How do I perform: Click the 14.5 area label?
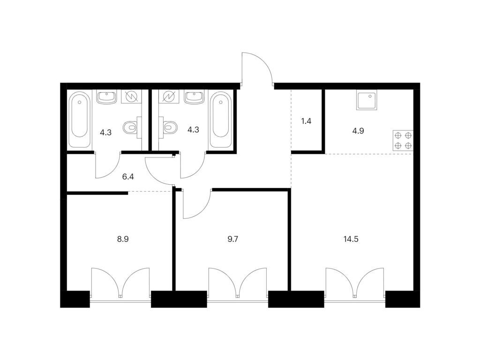[351, 239]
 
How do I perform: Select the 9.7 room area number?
[232, 239]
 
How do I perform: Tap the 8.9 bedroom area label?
[123, 239]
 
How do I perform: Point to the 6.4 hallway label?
[128, 177]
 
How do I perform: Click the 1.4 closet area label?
[306, 121]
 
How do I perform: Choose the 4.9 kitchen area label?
[358, 131]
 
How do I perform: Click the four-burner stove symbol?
[403, 141]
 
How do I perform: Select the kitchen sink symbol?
[367, 100]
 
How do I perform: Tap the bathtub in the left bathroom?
[79, 120]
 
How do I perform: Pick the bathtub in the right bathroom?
[220, 120]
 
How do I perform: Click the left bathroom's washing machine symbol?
[131, 97]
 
